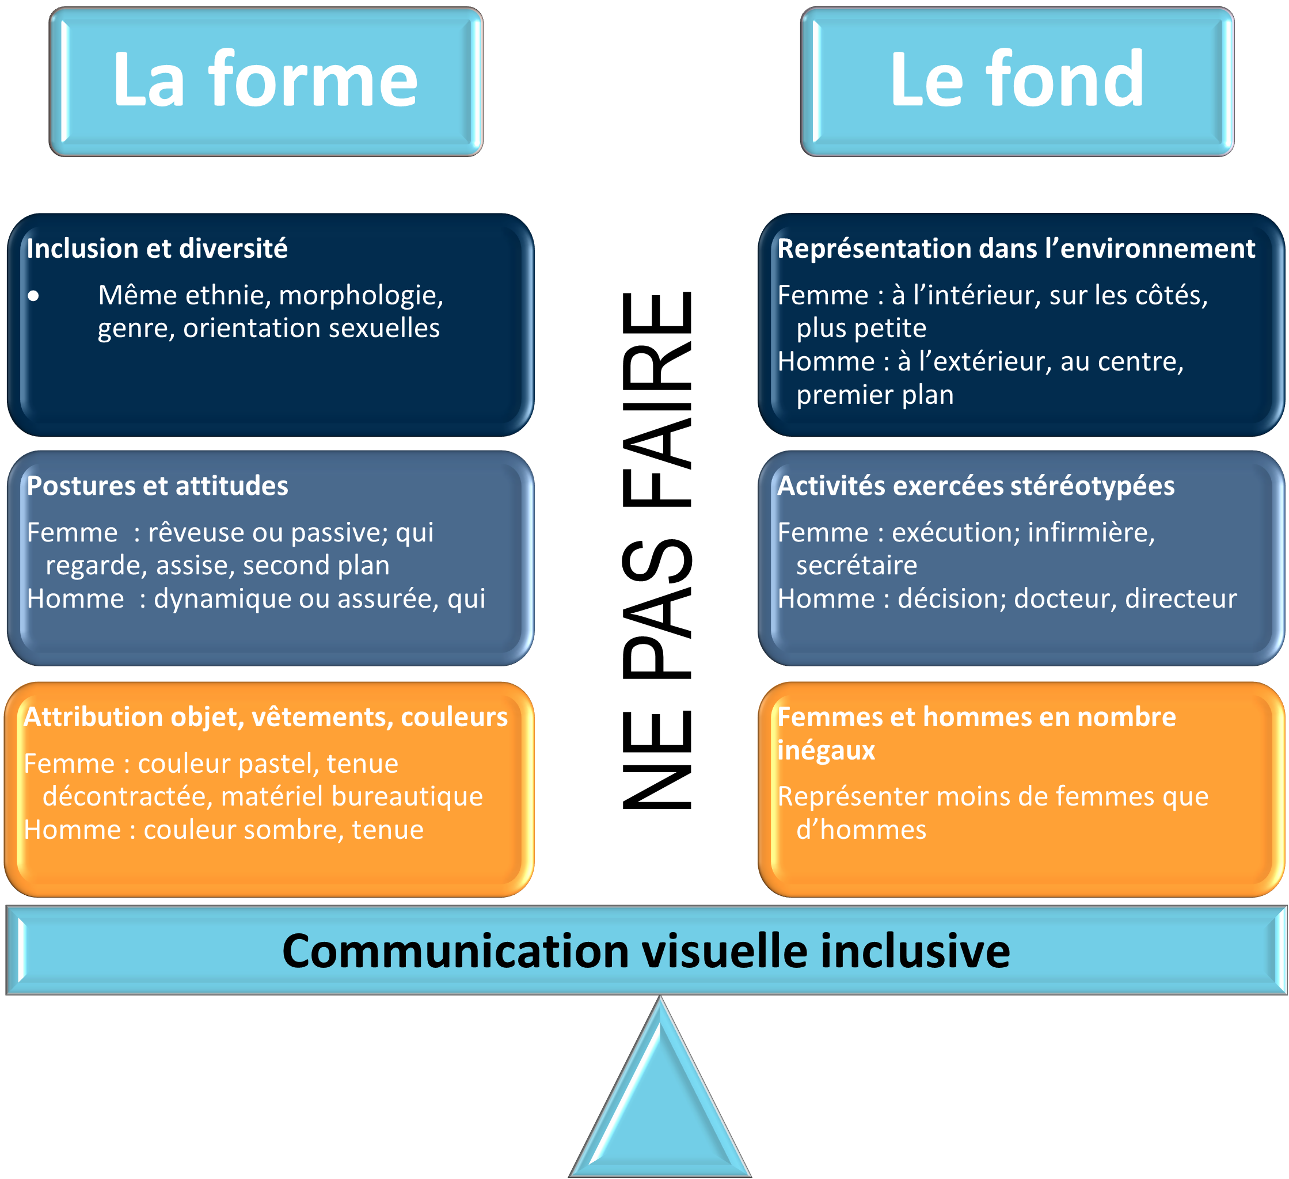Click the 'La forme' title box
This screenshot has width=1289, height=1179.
coord(266,81)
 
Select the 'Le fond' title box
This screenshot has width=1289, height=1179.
coord(1017,81)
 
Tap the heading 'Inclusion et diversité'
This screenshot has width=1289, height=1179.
coord(157,249)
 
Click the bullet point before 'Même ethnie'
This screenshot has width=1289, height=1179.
coord(33,296)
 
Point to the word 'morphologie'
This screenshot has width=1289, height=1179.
coord(360,296)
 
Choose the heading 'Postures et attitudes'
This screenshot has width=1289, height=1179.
coord(157,486)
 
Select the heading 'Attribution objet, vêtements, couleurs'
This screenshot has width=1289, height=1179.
coord(265,717)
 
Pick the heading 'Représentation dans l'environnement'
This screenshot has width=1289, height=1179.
coord(1016,249)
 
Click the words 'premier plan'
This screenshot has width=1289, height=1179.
coord(874,395)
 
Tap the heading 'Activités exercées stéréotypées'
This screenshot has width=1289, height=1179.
coord(976,486)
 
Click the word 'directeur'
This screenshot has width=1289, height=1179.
coord(1181,600)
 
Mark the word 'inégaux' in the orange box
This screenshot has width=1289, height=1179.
coord(826,750)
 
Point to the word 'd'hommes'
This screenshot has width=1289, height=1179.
coord(861,830)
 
